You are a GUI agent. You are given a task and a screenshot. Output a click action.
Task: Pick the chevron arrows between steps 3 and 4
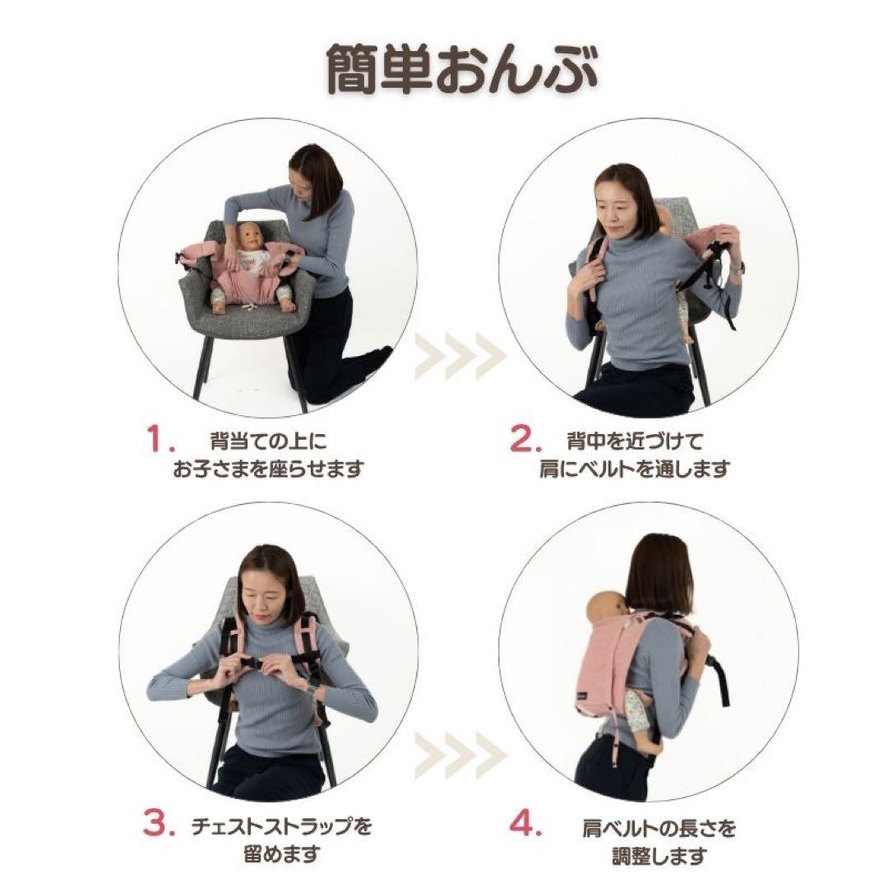click(x=459, y=751)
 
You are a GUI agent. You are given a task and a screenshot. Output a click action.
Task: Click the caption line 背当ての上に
click(x=268, y=442)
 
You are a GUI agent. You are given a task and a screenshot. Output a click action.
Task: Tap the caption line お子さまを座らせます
click(x=268, y=469)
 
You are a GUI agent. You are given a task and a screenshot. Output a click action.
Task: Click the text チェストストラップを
click(x=275, y=825)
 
